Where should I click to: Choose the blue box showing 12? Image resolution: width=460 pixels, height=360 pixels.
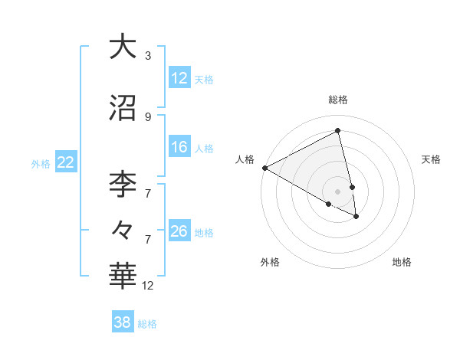coord(179,78)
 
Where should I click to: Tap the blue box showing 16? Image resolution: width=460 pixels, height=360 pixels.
coord(179,147)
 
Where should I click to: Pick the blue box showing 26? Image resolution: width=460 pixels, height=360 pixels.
coord(179,231)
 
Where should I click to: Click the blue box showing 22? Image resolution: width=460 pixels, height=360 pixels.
coord(66,162)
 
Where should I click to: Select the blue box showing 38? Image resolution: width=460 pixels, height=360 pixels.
coord(123,322)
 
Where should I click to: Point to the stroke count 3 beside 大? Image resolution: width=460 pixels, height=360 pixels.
coord(148,56)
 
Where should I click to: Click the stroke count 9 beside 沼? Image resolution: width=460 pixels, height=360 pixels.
coord(148,117)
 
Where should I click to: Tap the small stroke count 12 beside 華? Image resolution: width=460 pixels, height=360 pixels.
coord(148,286)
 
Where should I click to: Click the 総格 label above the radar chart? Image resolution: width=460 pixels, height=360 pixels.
coord(338,100)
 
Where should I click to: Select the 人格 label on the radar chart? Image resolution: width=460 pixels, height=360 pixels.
coord(245,159)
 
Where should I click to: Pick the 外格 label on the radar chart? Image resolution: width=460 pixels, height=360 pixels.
coord(270,262)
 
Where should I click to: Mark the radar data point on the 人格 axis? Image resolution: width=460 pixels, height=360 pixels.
coord(264,168)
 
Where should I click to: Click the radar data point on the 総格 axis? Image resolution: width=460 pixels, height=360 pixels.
coord(338,131)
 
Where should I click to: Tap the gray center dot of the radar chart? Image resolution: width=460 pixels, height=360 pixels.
coord(338,191)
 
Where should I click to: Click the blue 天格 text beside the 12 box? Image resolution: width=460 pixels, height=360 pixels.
coord(204,79)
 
